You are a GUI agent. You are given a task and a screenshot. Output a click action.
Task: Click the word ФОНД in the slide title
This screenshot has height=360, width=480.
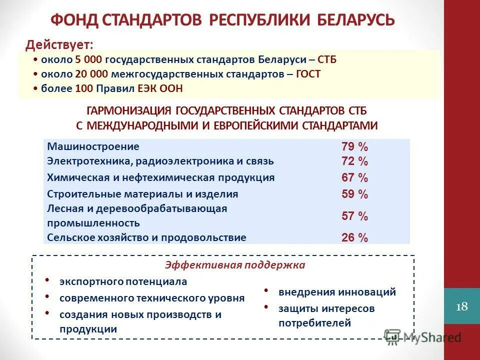[x=74, y=20]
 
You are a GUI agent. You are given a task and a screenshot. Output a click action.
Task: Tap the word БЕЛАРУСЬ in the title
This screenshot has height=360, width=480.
[x=356, y=20]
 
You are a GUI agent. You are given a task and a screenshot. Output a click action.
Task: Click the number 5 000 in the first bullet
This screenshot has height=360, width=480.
[x=88, y=60]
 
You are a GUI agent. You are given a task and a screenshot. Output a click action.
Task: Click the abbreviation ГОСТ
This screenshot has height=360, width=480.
[x=308, y=74]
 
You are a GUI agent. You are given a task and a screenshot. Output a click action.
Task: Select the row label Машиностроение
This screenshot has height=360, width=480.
[x=93, y=146]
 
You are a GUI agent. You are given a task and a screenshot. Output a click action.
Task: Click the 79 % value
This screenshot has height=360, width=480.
[x=354, y=147]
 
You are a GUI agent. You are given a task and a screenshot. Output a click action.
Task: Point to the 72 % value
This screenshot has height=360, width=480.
[x=354, y=161]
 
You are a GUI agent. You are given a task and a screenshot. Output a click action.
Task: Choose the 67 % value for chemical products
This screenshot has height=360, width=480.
[x=354, y=177]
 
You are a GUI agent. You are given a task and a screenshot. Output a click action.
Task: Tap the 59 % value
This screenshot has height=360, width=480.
[x=354, y=194]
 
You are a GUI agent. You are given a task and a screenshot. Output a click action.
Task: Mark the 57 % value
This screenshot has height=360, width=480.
[x=354, y=216]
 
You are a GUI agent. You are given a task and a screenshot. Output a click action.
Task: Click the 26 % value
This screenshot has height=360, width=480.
[x=354, y=237]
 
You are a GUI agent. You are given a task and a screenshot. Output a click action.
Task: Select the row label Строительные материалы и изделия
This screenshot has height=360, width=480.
[x=142, y=194]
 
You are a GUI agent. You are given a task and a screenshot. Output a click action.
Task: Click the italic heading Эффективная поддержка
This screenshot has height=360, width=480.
[x=235, y=265]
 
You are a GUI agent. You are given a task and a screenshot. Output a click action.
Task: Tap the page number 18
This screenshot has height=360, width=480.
[x=462, y=306]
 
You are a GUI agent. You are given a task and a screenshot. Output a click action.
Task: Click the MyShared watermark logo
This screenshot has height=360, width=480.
[x=422, y=337]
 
